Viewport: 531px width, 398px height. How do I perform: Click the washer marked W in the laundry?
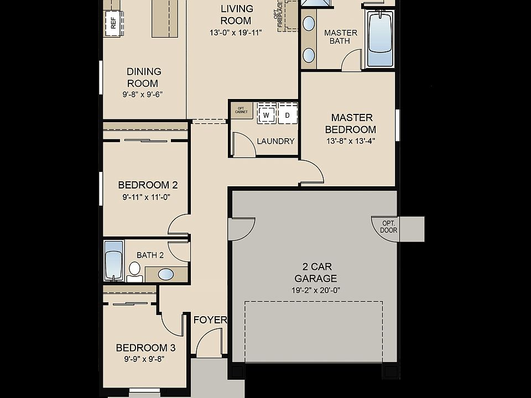[266, 115]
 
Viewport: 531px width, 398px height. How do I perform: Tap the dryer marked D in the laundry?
[287, 115]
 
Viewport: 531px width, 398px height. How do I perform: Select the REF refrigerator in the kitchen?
[113, 23]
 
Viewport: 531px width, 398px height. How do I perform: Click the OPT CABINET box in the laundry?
[241, 110]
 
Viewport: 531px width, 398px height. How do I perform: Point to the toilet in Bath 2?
[134, 270]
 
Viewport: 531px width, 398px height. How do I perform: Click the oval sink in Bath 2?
[165, 274]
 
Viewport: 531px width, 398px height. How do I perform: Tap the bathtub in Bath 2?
[113, 261]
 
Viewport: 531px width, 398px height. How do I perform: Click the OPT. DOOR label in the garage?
[389, 227]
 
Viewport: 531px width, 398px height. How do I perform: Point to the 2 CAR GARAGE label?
[315, 273]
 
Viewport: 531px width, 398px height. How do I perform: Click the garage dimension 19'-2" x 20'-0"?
[315, 290]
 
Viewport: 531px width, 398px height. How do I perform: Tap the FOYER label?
[210, 320]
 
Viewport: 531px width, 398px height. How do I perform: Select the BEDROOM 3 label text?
[145, 348]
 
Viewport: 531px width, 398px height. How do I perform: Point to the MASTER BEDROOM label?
[352, 123]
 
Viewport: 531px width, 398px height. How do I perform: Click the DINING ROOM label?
[144, 77]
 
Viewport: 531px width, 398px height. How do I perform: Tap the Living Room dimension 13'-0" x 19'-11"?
[236, 32]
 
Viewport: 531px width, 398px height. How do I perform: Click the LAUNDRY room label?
[275, 141]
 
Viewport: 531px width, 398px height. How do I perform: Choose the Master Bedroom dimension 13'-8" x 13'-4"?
[351, 140]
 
